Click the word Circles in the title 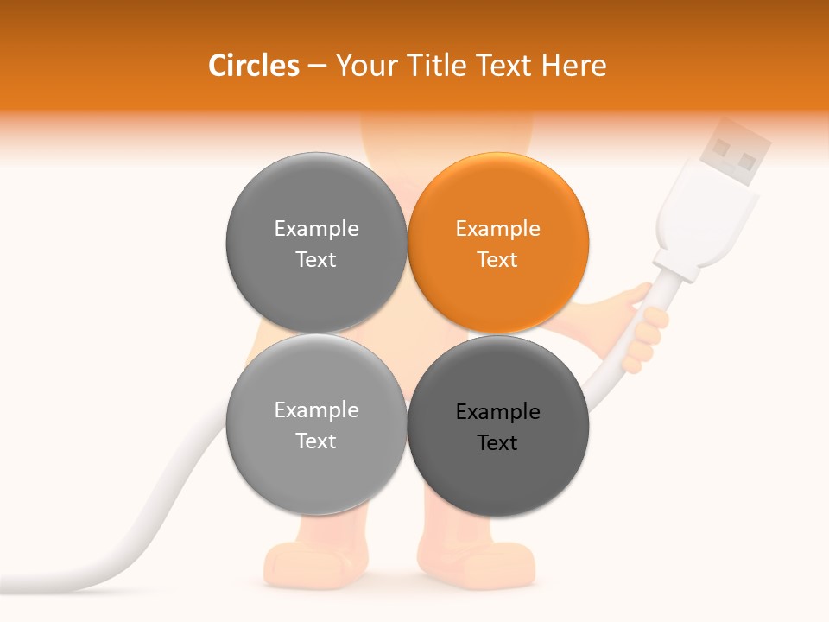(x=253, y=66)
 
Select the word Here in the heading (x=573, y=66)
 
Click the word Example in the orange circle (x=497, y=229)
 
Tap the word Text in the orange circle (x=497, y=260)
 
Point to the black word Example (x=497, y=412)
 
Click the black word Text (x=497, y=443)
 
